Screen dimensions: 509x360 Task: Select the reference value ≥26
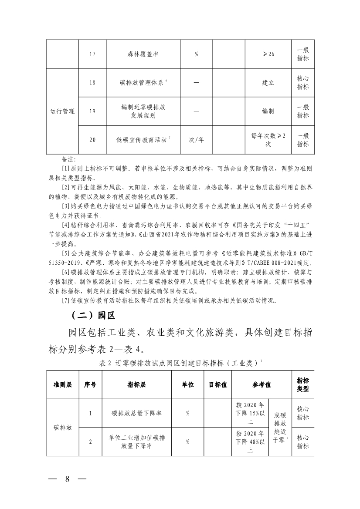[268, 54]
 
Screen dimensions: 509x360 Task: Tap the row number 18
[92, 82]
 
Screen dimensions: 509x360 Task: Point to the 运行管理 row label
[62, 111]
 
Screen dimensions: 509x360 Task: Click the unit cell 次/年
[196, 140]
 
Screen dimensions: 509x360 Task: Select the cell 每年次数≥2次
[268, 140]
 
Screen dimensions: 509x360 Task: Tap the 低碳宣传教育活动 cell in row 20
[142, 140]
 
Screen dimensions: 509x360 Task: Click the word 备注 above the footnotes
[69, 159]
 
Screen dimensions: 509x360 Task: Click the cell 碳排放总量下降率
[136, 413]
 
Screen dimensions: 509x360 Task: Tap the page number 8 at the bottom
[68, 479]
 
